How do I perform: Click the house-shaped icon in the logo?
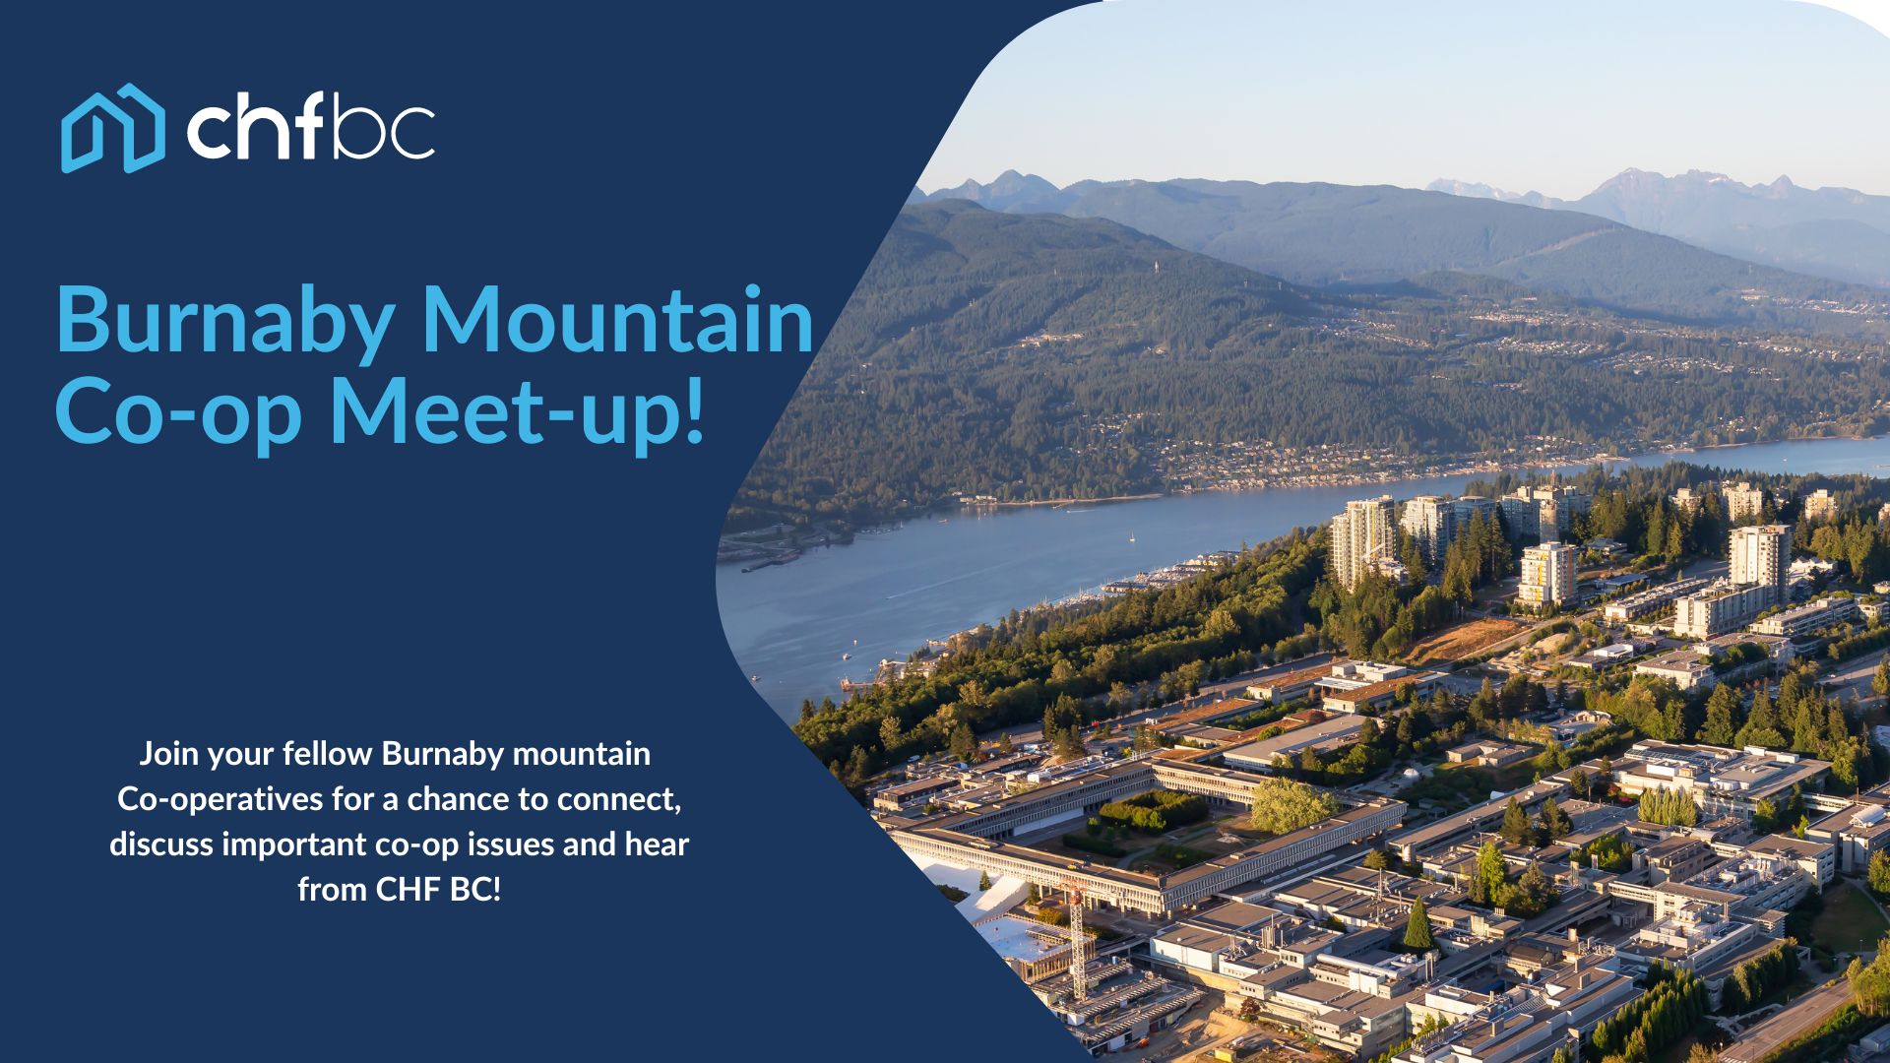point(113,128)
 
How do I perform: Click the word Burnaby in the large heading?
point(225,323)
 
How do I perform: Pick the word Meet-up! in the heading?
point(519,412)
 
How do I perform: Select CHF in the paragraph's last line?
point(408,890)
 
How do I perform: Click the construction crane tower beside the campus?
point(1078,940)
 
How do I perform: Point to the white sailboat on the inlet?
point(1132,537)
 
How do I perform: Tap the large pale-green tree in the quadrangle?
point(1291,805)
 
